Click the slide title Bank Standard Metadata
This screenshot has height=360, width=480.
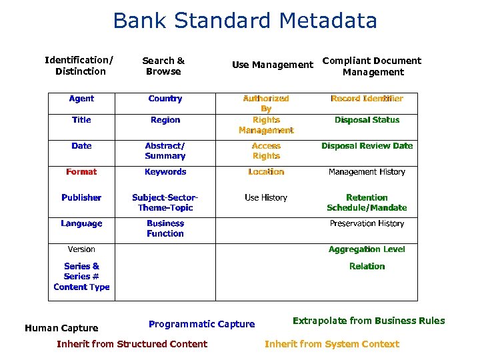[x=245, y=21]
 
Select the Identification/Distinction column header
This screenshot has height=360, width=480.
[x=79, y=66]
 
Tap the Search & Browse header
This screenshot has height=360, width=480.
[x=163, y=66]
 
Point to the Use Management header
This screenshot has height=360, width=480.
[x=272, y=65]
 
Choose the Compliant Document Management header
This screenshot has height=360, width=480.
[x=372, y=66]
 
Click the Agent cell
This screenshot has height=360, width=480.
[x=81, y=99]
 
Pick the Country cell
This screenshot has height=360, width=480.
[x=165, y=99]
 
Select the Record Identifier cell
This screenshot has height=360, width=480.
[x=367, y=99]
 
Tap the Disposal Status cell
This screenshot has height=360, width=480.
[x=367, y=120]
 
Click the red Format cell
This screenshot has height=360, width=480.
[x=81, y=172]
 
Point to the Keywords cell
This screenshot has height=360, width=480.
[x=165, y=172]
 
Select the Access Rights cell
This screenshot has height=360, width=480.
[x=266, y=151]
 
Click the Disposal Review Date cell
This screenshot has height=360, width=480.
[x=367, y=146]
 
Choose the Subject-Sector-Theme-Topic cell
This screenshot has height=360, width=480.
[x=165, y=203]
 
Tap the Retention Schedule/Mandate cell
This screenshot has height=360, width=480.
[x=367, y=203]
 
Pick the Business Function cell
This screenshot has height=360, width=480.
[x=165, y=229]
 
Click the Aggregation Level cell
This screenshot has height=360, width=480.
[x=367, y=249]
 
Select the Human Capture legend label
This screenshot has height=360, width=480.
[x=61, y=328]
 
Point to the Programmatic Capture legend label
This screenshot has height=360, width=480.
[x=201, y=324]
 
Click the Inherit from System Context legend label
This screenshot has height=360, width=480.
[x=331, y=344]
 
